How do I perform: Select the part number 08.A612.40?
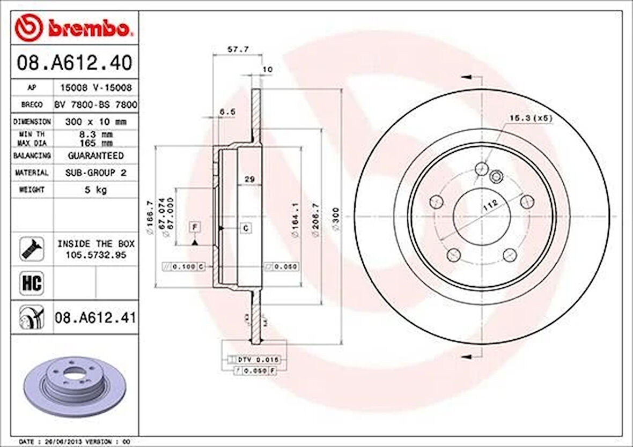pos(74,63)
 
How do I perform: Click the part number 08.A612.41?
pos(95,318)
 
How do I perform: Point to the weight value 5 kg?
pos(94,190)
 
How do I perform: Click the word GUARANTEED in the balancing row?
pos(95,155)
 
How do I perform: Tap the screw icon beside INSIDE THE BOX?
pos(32,249)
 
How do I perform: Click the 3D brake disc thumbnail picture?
pos(75,384)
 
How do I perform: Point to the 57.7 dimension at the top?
pos(238,49)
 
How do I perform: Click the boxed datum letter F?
pos(195,227)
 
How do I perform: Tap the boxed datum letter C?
pos(246,228)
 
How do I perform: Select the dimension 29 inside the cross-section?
pos(249,179)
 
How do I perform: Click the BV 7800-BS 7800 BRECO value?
pos(95,105)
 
